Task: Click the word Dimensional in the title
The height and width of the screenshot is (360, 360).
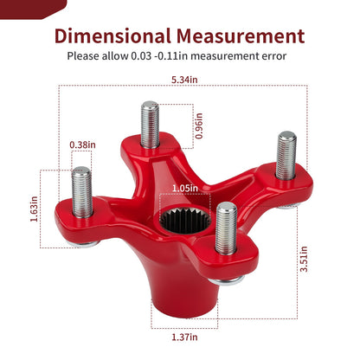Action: (112, 36)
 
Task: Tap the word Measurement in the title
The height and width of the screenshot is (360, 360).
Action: (241, 36)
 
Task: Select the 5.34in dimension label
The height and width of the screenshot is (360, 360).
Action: (184, 80)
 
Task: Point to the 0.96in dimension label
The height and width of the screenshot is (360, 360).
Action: (199, 125)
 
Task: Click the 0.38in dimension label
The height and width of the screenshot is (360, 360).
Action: (82, 145)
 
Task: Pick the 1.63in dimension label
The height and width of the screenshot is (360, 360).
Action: (34, 209)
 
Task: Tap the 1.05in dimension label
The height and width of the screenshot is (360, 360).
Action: (185, 189)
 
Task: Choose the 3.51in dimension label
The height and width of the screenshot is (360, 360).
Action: (304, 259)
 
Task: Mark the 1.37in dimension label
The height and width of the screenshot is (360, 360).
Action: (184, 337)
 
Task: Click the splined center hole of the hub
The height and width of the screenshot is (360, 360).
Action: (185, 221)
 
